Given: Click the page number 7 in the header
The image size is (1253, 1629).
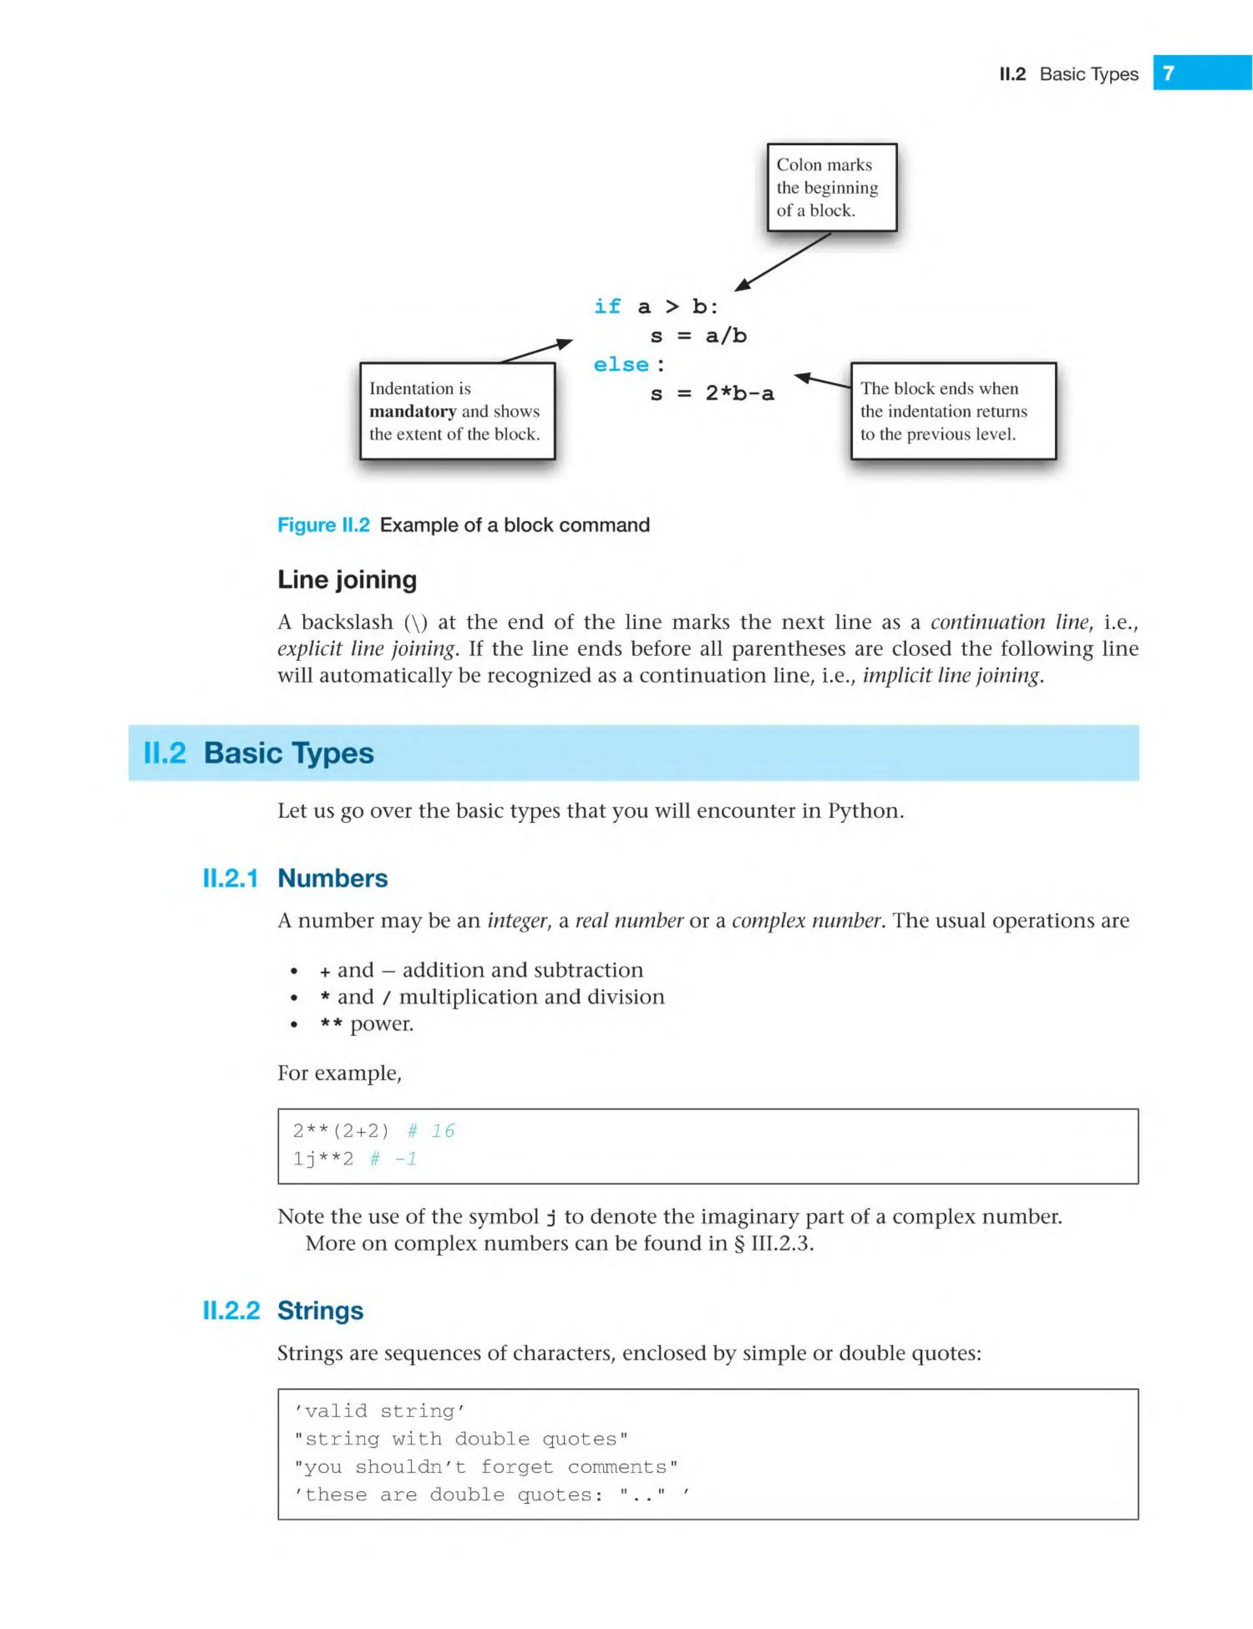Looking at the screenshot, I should [1169, 73].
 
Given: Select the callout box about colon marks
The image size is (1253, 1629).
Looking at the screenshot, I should [831, 187].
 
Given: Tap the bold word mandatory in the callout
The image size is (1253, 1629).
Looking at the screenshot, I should [412, 411].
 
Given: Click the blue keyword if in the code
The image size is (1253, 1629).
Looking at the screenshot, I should [607, 307].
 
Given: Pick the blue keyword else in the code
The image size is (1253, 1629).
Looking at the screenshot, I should [620, 365].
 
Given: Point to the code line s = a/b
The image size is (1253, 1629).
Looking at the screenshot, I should [698, 335].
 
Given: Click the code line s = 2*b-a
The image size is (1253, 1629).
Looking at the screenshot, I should [712, 394].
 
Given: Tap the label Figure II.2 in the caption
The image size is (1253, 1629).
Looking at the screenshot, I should [323, 525].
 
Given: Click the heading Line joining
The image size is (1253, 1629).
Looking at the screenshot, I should [347, 580].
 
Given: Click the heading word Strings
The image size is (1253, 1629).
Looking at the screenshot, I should [320, 1311].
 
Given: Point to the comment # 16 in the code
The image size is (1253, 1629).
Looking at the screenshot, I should [431, 1131].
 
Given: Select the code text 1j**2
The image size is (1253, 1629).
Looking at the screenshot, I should [323, 1158].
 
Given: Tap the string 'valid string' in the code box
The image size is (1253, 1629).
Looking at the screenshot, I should [379, 1411].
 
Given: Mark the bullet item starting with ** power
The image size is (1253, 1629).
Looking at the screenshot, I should [366, 1023].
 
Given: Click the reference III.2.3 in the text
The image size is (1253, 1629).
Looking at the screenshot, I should [781, 1243].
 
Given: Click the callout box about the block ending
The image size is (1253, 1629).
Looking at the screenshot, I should [953, 411].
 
